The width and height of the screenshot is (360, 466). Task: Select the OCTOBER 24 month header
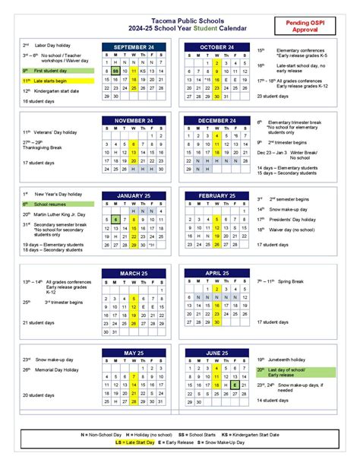216,47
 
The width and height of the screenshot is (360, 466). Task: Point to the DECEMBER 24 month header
216,120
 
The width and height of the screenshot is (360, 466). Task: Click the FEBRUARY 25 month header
216,195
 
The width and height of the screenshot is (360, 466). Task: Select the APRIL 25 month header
216,273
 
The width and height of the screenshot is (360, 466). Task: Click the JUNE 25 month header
216,353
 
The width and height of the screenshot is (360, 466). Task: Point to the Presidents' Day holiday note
293,219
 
